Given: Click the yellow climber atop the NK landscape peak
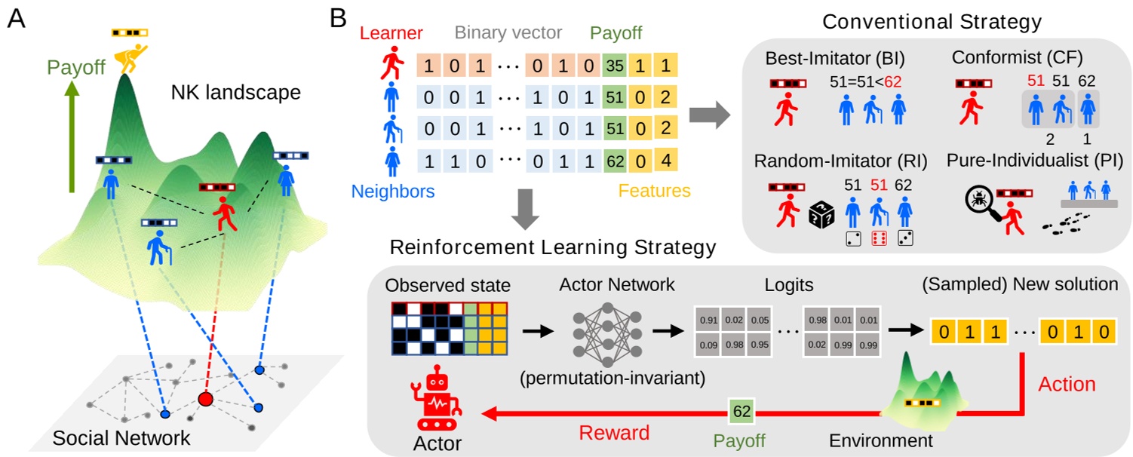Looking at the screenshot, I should tap(130, 52).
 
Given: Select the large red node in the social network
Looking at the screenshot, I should tap(205, 399).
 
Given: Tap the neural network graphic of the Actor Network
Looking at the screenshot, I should tap(601, 331).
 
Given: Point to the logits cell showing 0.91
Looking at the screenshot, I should tap(708, 319).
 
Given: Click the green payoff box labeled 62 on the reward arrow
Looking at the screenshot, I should tap(740, 412).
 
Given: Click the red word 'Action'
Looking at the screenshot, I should tap(1067, 383).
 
